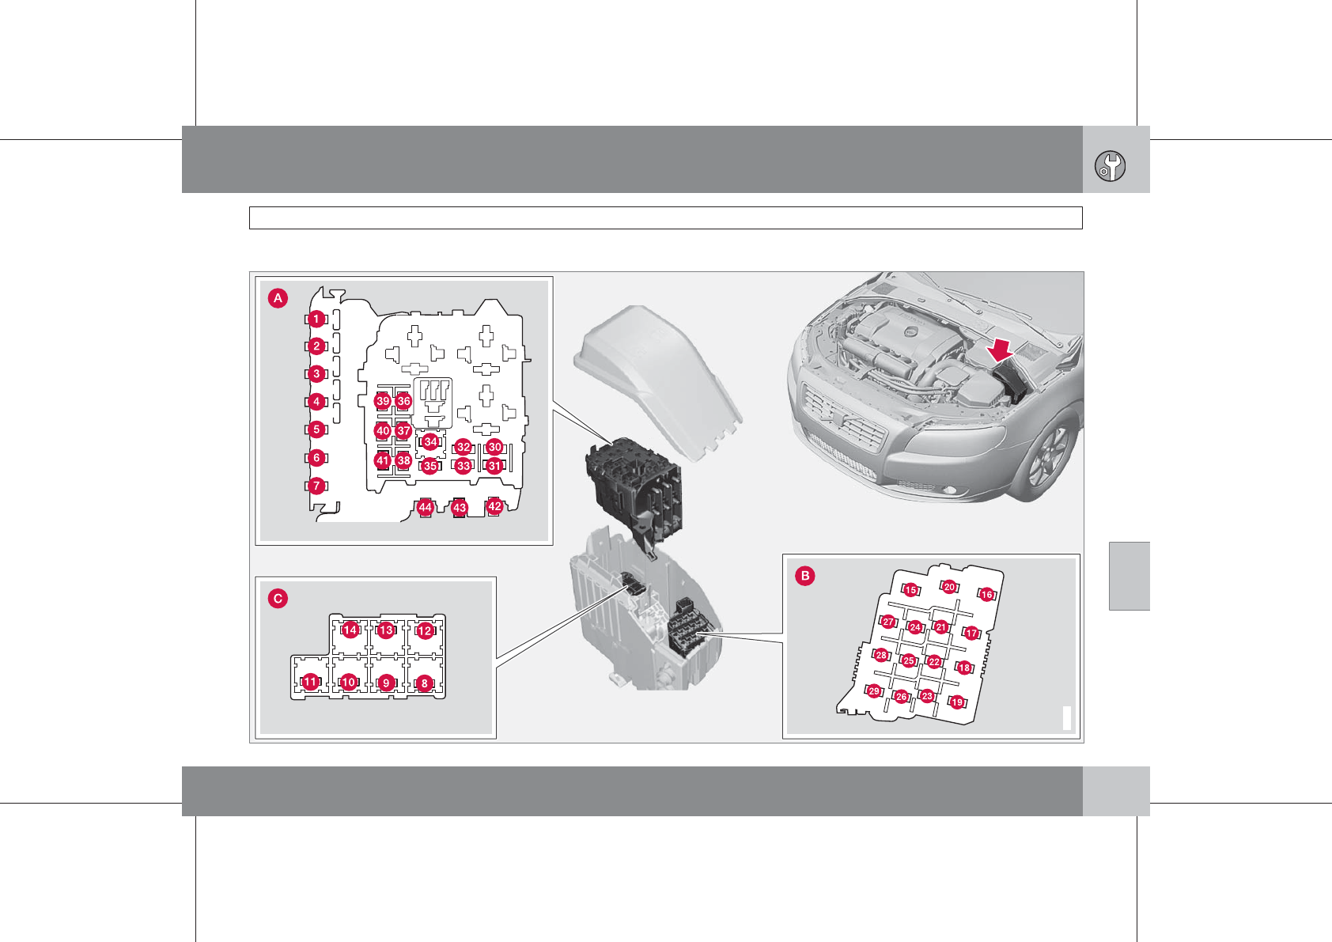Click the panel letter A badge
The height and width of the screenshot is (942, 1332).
pos(278,298)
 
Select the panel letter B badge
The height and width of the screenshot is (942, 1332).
pos(805,576)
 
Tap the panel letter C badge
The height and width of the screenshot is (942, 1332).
pos(278,598)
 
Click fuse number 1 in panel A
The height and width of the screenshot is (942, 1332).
pos(316,320)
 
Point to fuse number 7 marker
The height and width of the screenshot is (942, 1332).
pos(316,486)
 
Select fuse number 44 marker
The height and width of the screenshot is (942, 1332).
pos(425,508)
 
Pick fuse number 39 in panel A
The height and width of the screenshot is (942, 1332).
pos(383,401)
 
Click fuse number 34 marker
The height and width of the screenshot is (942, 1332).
pos(430,442)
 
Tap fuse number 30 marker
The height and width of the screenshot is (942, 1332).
pos(494,447)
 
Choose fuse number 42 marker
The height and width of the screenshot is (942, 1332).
pos(494,507)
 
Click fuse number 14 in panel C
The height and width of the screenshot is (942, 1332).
pos(350,630)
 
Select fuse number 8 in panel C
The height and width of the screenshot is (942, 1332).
pos(424,683)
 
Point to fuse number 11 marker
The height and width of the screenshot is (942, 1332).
pos(310,682)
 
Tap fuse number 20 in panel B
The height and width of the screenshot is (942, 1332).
pos(949,587)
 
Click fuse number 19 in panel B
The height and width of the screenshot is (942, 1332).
pos(957,702)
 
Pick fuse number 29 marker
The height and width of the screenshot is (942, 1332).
pos(874,691)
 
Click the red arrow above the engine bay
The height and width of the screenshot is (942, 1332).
pos(1001,350)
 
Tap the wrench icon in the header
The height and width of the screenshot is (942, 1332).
pos(1111,166)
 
